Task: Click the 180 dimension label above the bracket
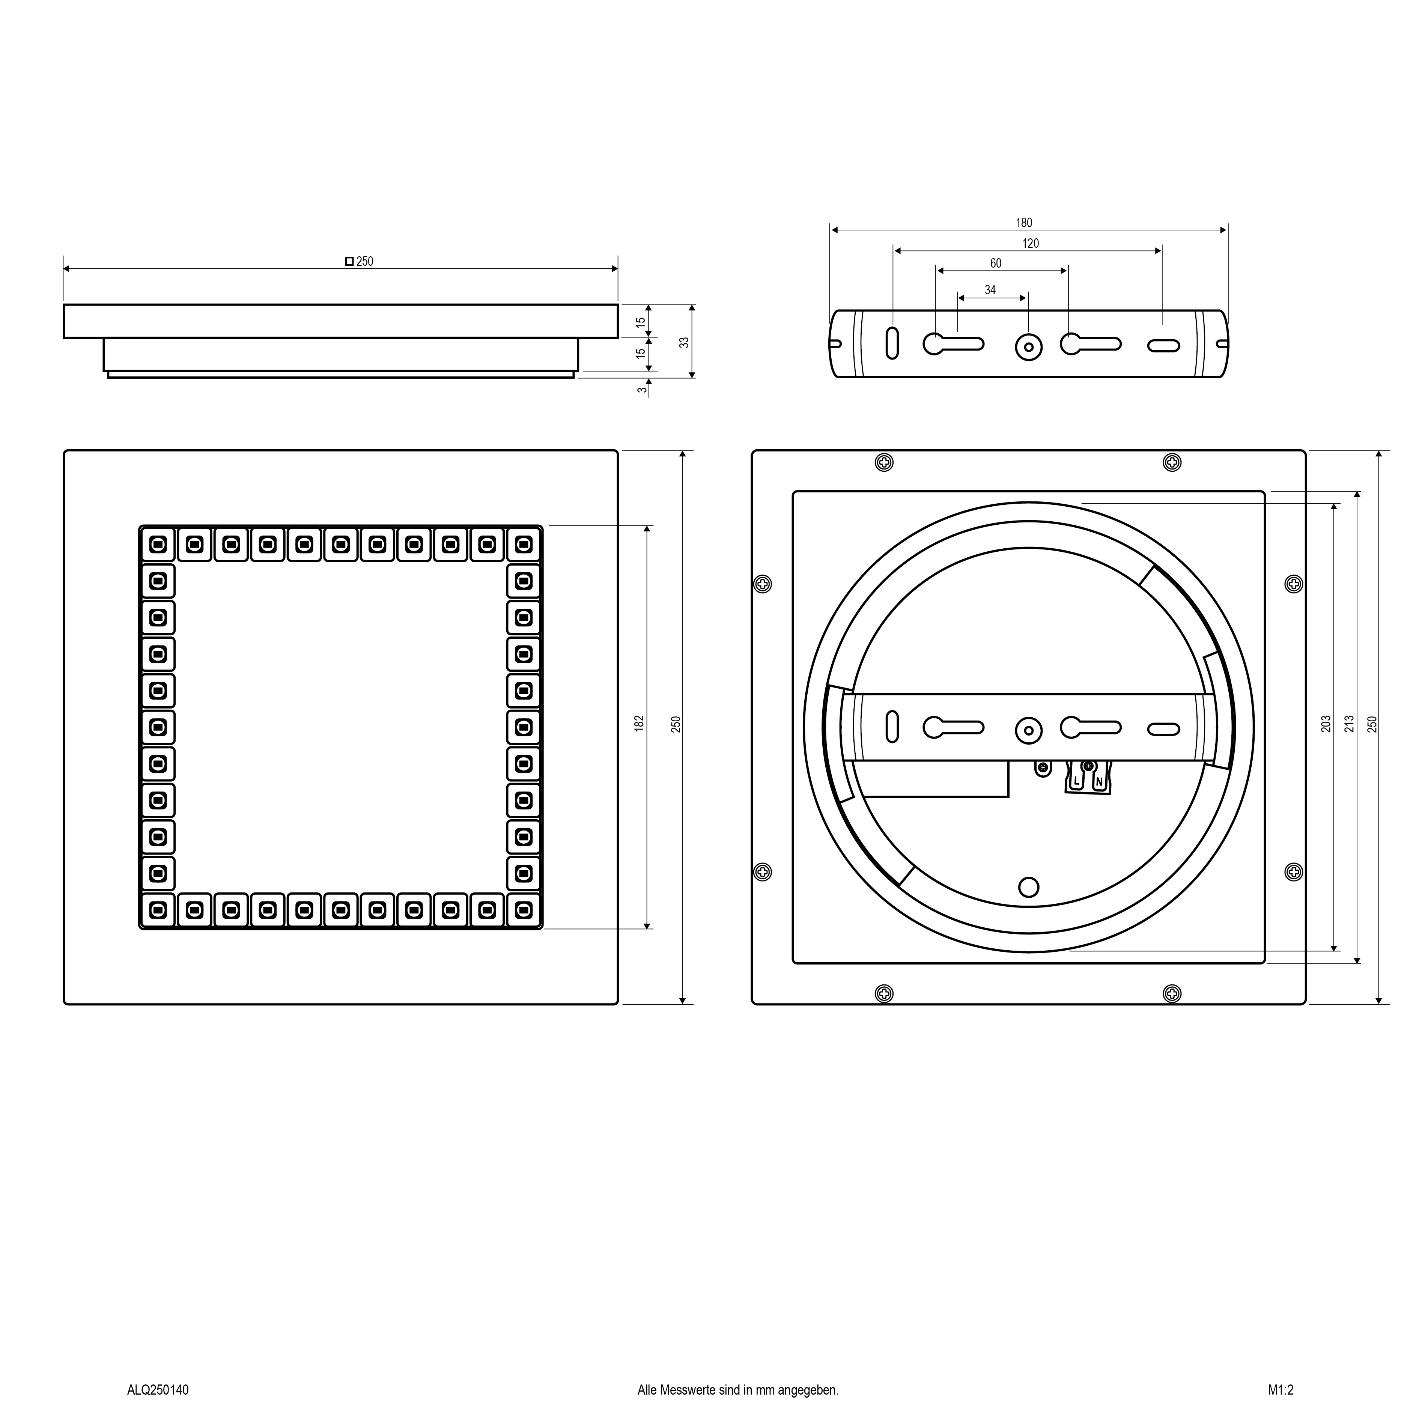coord(1024,223)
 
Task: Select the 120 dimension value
coord(1031,243)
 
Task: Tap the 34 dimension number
coord(990,290)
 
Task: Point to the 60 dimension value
coord(996,263)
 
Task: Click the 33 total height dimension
coord(685,342)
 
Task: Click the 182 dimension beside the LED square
coord(639,723)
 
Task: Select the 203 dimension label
coord(1326,724)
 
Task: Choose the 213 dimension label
coord(1348,724)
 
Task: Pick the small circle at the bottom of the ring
coord(1029,887)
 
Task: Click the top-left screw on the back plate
coord(884,463)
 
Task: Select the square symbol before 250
coord(350,261)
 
